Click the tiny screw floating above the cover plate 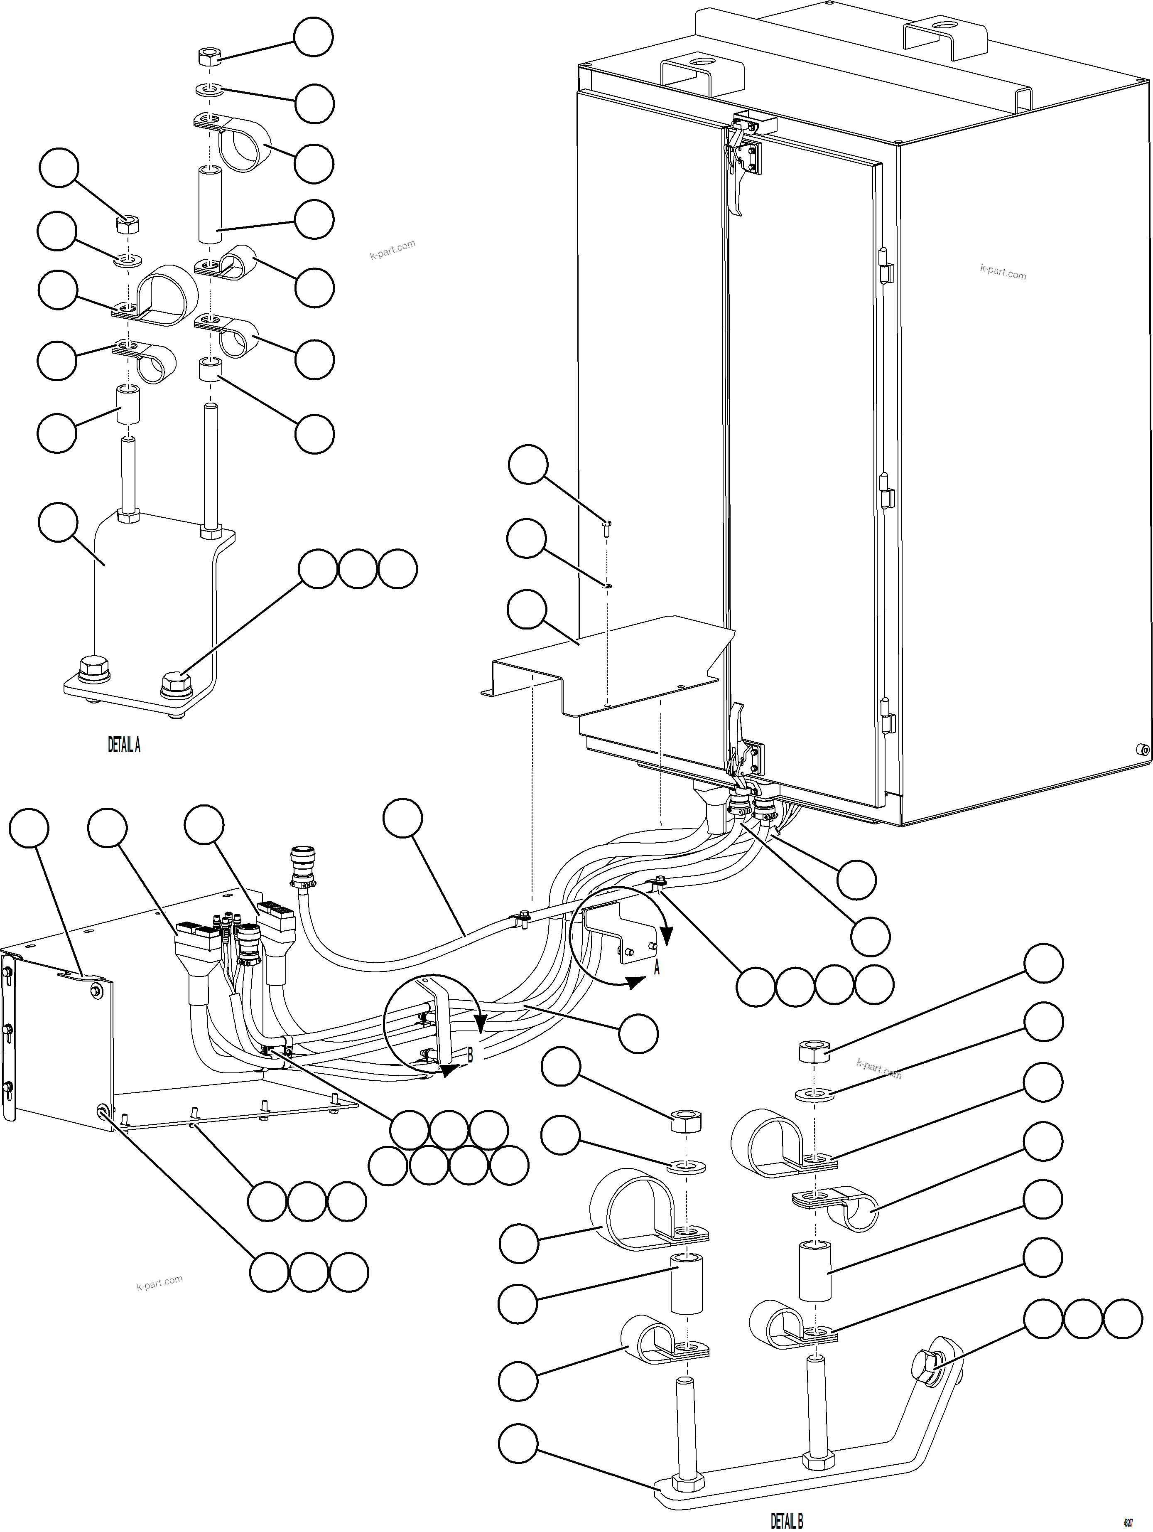(607, 529)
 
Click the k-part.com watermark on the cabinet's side (1003, 271)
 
